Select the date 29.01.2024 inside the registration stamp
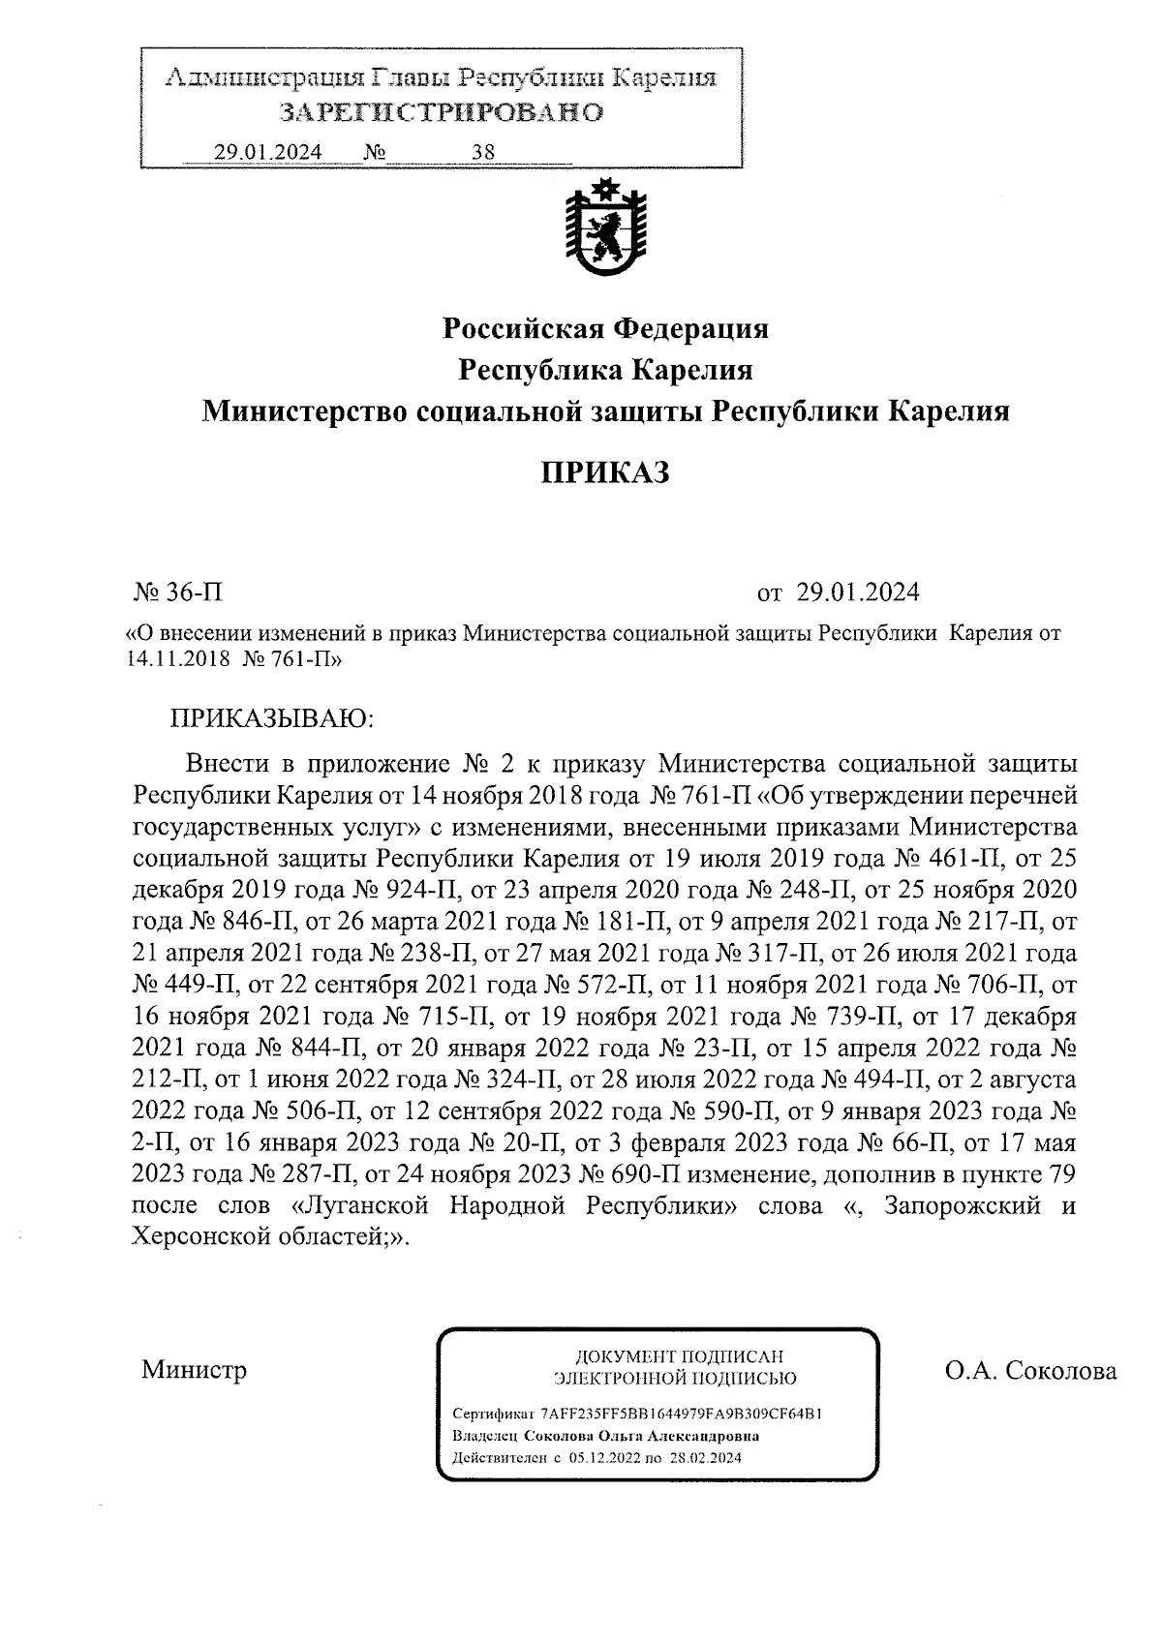[x=268, y=152]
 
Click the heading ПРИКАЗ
[x=604, y=472]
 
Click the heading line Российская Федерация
[x=605, y=329]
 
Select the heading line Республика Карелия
[x=605, y=370]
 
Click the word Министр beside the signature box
[x=194, y=1370]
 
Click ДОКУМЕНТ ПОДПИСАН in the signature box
[x=678, y=1356]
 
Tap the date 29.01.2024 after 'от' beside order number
[x=858, y=592]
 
